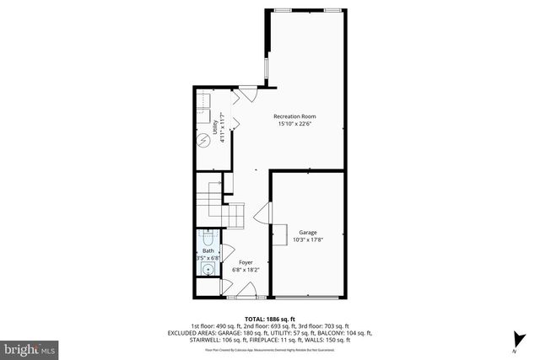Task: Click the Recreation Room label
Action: pos(294,116)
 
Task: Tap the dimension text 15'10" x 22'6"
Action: pos(294,124)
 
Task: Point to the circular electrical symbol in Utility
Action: pos(203,140)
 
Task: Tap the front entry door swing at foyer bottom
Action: pos(246,291)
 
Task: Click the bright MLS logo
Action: pos(30,347)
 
